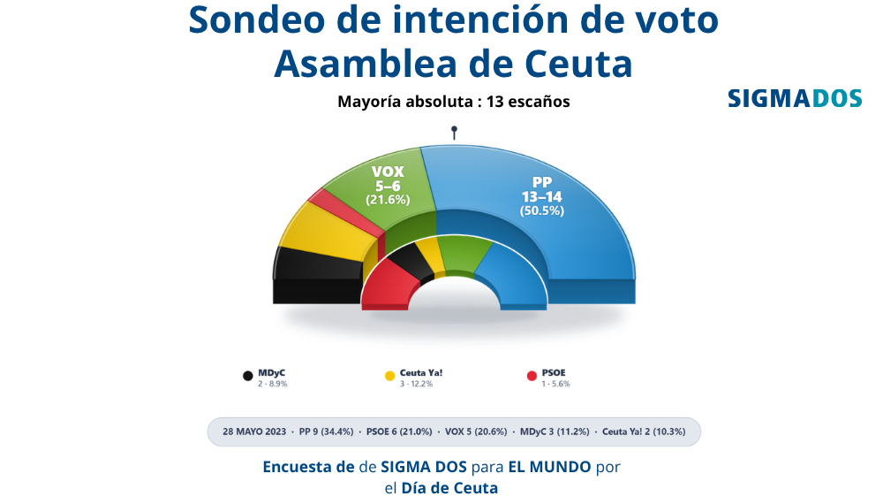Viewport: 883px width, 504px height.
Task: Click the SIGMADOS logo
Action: (795, 98)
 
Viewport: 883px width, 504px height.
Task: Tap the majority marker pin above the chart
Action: (454, 133)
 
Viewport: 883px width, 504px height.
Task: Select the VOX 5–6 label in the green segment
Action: (388, 179)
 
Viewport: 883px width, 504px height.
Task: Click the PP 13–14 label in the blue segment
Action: (542, 189)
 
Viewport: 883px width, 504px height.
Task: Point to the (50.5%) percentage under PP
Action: (542, 210)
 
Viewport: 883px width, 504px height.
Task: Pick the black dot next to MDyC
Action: (248, 376)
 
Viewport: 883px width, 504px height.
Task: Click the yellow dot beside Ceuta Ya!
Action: (389, 376)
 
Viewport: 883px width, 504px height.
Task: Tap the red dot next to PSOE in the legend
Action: (532, 376)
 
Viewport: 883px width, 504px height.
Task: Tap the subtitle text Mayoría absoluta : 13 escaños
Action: (454, 102)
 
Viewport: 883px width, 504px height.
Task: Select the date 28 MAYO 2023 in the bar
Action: (254, 431)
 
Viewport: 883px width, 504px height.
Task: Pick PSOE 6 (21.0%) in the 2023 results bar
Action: (399, 431)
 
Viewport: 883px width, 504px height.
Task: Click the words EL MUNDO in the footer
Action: (549, 467)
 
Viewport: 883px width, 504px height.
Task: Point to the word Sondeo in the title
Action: (257, 19)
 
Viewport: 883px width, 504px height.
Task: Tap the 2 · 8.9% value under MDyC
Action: (273, 384)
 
